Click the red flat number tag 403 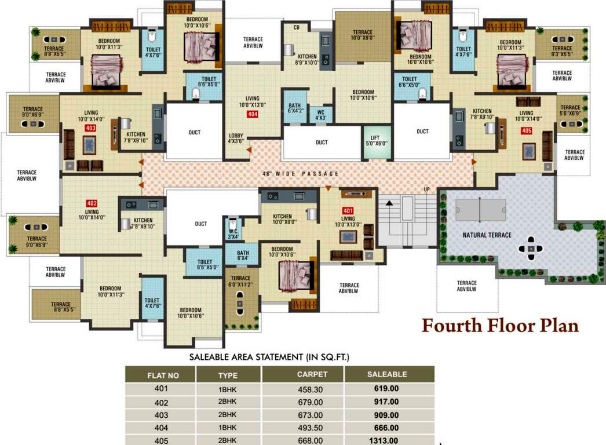[90, 127]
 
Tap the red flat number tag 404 [253, 114]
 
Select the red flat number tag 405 [526, 131]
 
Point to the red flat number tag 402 [91, 203]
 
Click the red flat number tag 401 [348, 210]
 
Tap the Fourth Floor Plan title [499, 326]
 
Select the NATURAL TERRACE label [487, 235]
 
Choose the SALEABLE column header [387, 374]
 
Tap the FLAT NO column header [163, 375]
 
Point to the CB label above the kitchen [296, 27]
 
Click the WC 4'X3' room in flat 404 [321, 115]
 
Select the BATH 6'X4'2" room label [294, 108]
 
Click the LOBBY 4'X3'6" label [236, 138]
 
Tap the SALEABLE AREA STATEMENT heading [269, 357]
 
